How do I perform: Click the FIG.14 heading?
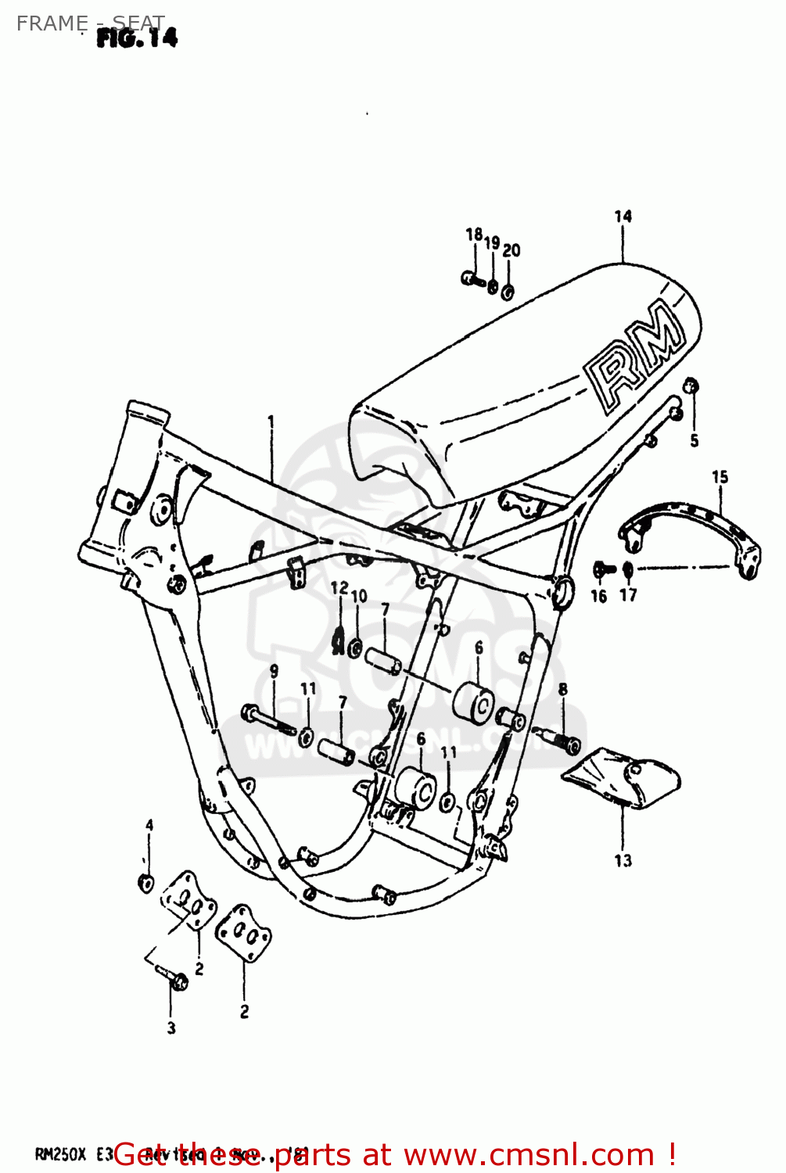(137, 38)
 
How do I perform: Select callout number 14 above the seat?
(623, 217)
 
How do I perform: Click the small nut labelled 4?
(145, 882)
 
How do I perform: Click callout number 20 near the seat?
(511, 250)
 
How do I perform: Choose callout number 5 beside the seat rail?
(694, 441)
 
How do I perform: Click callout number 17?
(628, 595)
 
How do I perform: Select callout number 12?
(339, 588)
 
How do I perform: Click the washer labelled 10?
(354, 647)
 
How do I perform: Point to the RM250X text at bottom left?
(60, 1155)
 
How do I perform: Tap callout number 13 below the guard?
(623, 860)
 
